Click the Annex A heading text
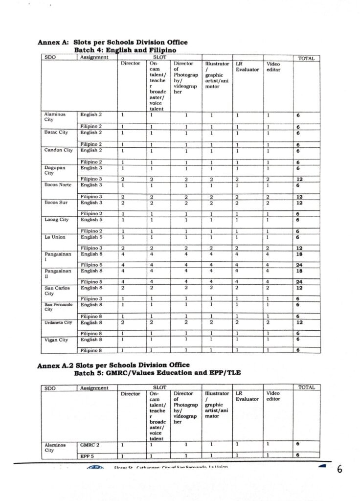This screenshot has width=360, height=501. (112, 43)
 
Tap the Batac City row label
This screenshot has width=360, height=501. (56, 133)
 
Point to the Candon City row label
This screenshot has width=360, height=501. (58, 150)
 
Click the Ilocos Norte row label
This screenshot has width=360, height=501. (58, 185)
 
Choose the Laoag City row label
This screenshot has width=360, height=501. (57, 220)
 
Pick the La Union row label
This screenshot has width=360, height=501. (55, 237)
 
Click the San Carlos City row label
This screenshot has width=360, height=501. (57, 291)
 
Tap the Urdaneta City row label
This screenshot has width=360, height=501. (58, 322)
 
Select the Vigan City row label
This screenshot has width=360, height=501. (56, 340)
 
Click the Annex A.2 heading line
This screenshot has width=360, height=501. (113, 365)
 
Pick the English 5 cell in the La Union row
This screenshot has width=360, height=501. (91, 237)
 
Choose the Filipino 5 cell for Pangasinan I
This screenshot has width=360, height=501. (91, 264)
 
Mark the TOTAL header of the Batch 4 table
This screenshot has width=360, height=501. (306, 58)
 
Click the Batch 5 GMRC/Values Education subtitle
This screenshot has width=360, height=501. (157, 373)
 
